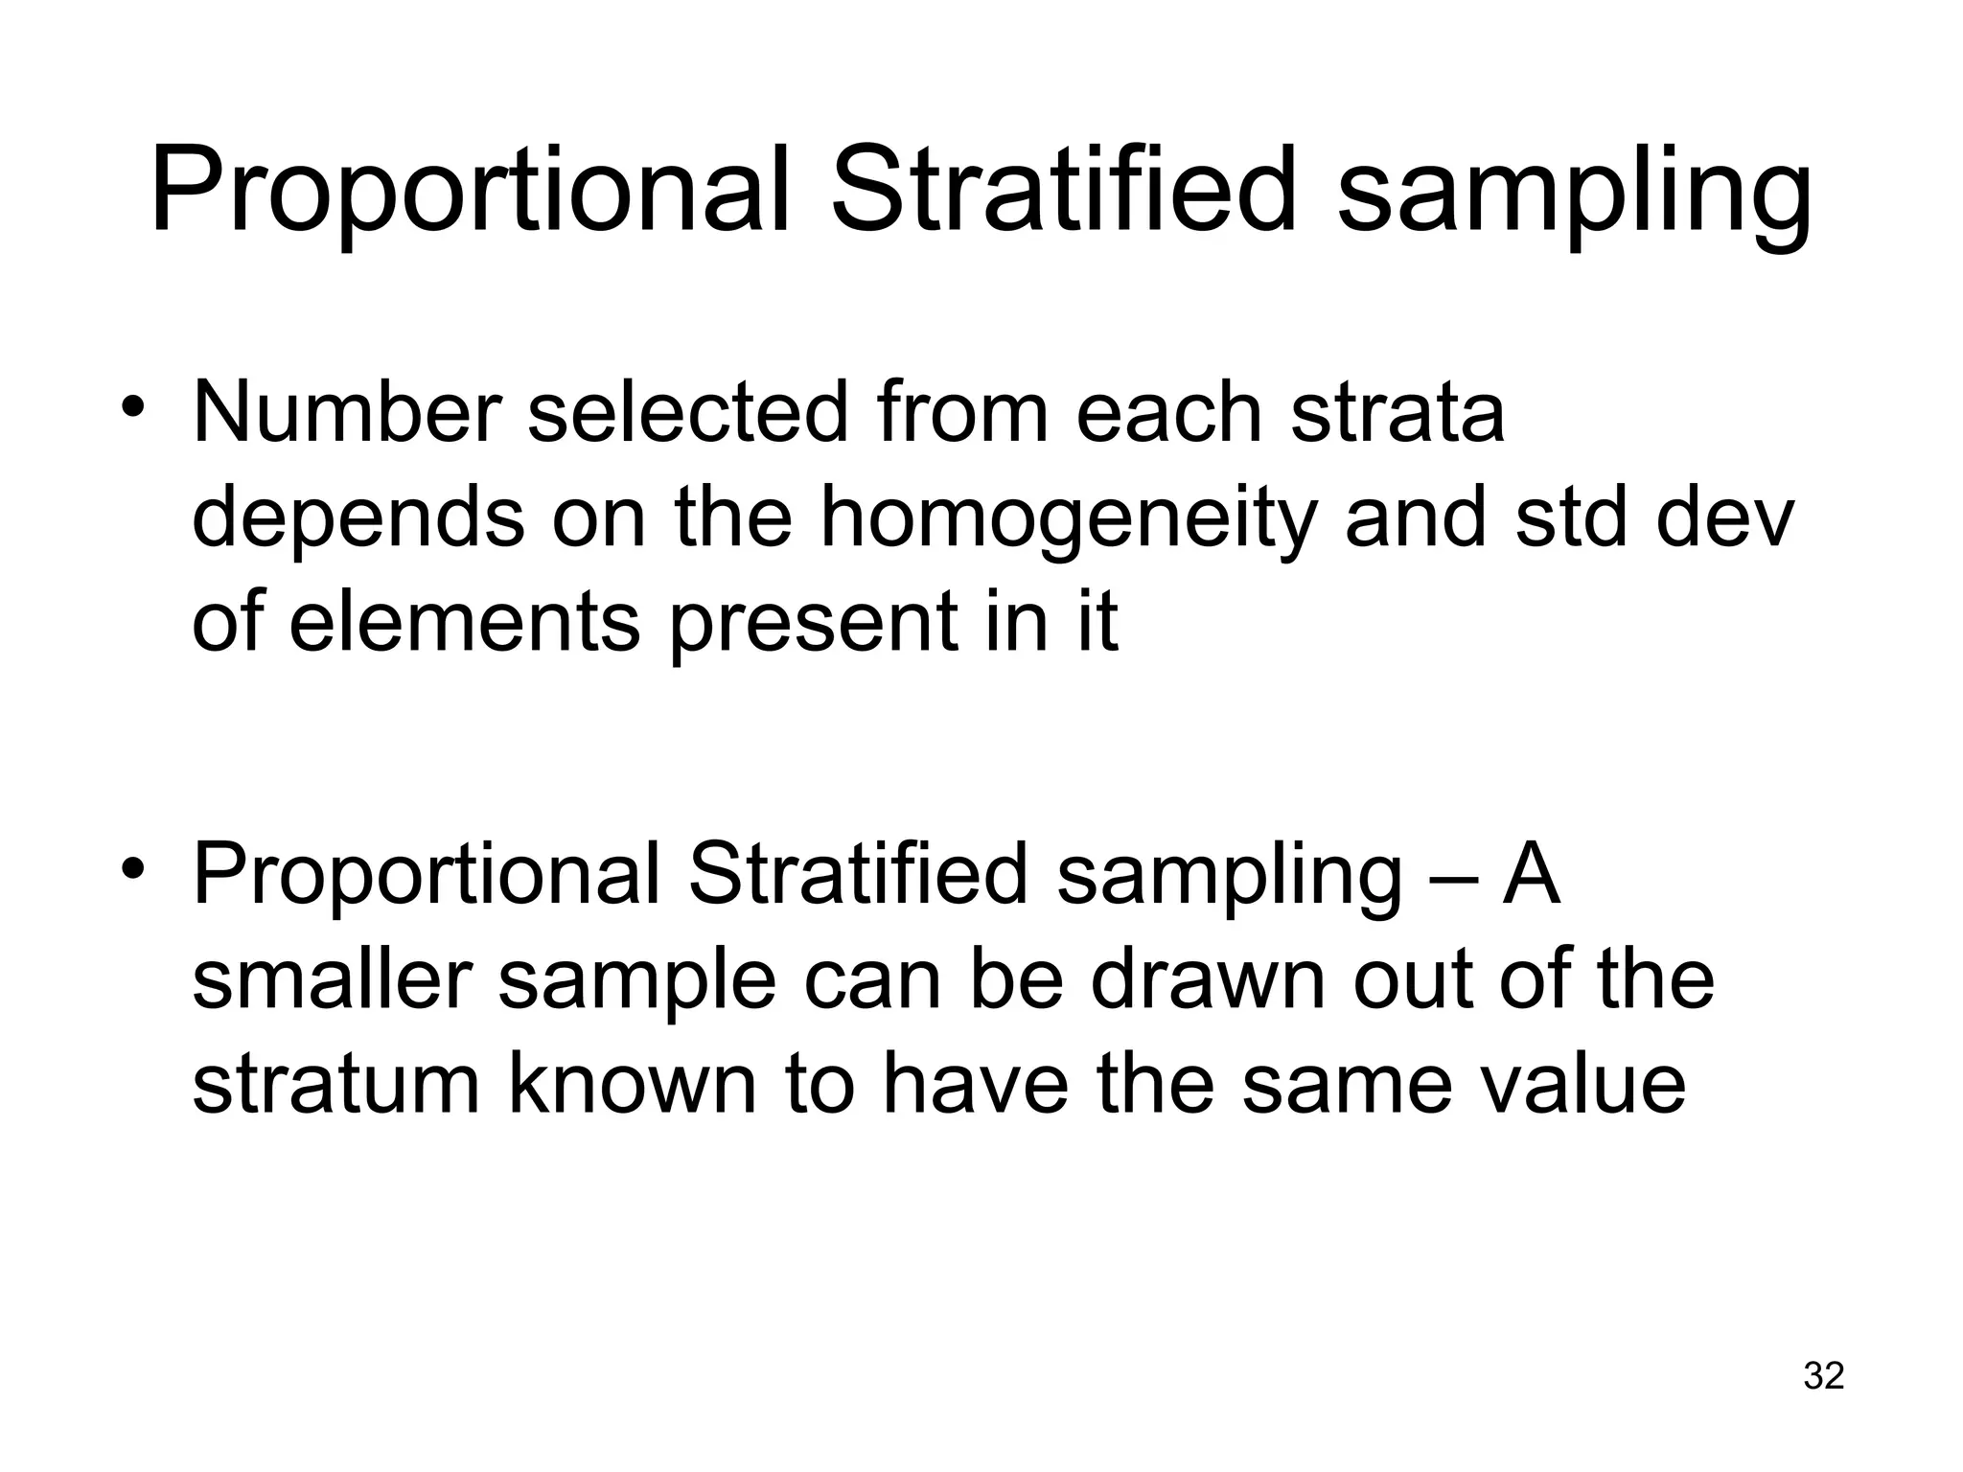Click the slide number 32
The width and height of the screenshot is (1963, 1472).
click(x=1823, y=1375)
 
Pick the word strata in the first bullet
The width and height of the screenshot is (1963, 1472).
click(x=1397, y=414)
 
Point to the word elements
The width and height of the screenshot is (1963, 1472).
click(x=464, y=622)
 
